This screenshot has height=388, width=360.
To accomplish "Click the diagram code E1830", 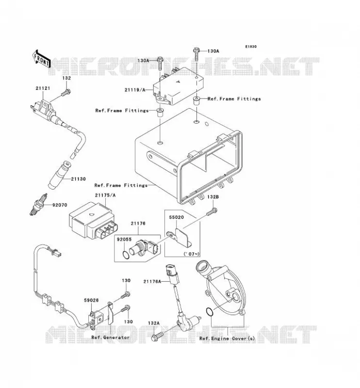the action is (251, 47).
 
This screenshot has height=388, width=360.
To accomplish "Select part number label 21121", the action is (43, 88).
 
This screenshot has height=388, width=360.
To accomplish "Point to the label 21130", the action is (78, 179).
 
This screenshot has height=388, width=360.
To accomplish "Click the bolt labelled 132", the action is (65, 93).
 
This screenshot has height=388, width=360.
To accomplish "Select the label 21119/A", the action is (135, 90).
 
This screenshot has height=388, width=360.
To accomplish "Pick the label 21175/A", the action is (105, 195).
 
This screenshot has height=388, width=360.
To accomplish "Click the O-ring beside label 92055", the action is (126, 255).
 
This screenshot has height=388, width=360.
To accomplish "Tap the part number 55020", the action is (176, 217).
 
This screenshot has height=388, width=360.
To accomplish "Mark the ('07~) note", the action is (191, 254).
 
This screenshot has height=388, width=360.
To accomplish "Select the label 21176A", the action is (152, 281).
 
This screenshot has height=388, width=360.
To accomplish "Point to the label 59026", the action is (91, 300).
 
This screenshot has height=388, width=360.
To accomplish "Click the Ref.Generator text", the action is (111, 338).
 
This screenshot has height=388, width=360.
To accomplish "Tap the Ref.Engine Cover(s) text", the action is (227, 338).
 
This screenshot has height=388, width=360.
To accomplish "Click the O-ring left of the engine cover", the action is (210, 312).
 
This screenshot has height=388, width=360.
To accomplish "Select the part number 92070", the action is (60, 205).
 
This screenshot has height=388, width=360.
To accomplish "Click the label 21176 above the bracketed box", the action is (138, 224).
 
